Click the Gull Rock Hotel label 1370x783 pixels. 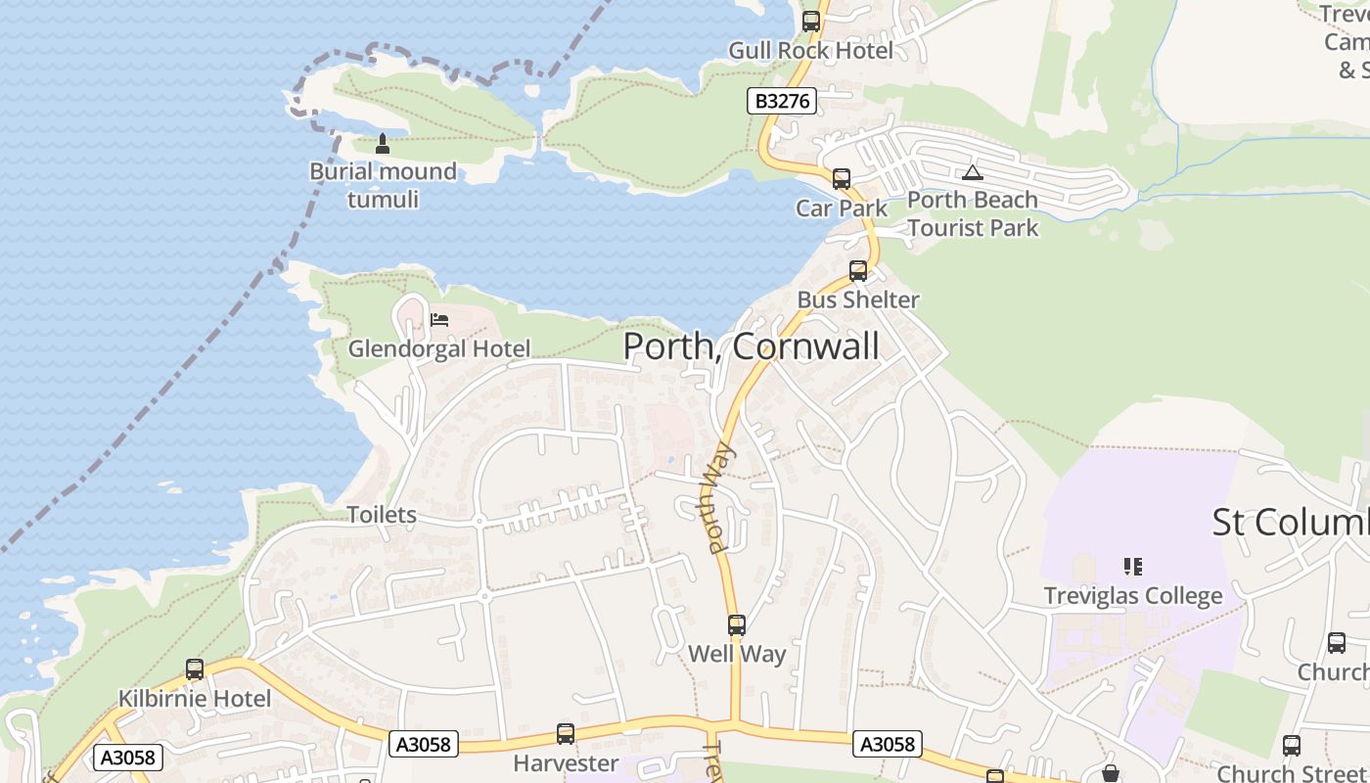point(810,51)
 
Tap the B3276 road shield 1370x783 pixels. point(782,101)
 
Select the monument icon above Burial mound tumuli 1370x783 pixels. point(383,144)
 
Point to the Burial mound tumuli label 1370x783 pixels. point(383,185)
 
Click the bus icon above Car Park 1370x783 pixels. point(841,179)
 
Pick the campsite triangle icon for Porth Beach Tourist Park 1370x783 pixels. point(972,173)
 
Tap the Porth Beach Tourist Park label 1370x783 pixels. point(972,213)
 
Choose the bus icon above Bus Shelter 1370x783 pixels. point(858,271)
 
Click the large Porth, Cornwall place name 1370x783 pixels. point(751,346)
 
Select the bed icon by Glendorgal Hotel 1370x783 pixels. point(439,320)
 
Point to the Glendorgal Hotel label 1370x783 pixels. point(439,348)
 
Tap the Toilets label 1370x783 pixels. point(382,515)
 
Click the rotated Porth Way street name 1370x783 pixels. point(721,499)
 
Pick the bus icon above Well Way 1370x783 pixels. point(737,625)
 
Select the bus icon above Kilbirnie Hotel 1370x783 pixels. point(195,669)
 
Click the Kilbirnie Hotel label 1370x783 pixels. point(195,699)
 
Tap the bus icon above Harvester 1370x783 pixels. point(566,734)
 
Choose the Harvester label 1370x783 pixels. point(566,763)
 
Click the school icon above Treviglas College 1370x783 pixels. point(1133,566)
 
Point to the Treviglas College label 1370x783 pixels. point(1133,595)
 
